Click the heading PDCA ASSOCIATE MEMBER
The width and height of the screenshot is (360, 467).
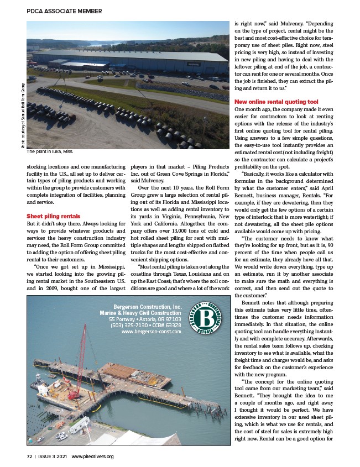pos(64,11)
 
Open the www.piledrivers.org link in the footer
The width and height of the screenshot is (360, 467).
pos(92,456)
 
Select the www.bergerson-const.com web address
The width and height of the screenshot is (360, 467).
pos(151,332)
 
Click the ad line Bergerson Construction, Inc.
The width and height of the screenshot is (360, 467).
pos(147,307)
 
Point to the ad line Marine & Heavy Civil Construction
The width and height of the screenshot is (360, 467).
pos(140,313)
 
